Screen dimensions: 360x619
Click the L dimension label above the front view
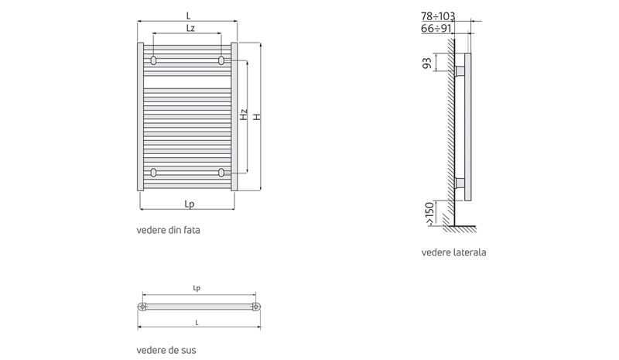(x=188, y=15)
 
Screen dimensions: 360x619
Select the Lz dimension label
(x=190, y=29)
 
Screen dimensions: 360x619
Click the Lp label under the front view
(x=189, y=204)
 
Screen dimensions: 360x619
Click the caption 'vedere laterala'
(x=454, y=252)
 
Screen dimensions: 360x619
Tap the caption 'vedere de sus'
(x=166, y=350)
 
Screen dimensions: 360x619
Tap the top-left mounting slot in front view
(x=155, y=60)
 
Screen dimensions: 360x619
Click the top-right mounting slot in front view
(x=221, y=60)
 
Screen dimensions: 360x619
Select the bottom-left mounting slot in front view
(x=155, y=172)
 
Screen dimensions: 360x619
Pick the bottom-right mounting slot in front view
(x=221, y=172)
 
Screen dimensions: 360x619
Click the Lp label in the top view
(x=197, y=288)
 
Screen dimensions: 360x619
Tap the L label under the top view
(x=197, y=321)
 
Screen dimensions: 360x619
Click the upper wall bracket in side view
(x=460, y=72)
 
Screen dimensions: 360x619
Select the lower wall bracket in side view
(x=460, y=183)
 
